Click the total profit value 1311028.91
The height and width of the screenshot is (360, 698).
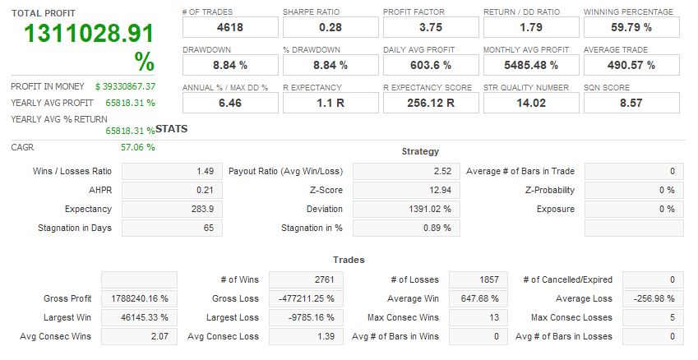[88, 35]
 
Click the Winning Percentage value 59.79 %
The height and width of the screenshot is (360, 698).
[631, 27]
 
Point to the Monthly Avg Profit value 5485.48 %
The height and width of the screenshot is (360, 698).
[531, 65]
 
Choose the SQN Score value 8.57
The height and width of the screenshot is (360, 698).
[631, 103]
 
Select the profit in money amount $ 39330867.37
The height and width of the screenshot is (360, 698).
[125, 86]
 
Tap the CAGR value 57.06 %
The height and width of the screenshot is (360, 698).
[137, 147]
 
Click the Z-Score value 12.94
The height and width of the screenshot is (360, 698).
[437, 190]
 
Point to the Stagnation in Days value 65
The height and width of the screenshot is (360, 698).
[207, 228]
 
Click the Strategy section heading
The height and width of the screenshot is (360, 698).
[420, 151]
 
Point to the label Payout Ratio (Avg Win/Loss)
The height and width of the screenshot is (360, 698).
[285, 171]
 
